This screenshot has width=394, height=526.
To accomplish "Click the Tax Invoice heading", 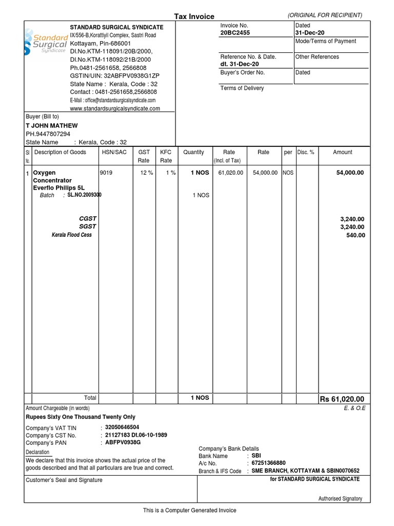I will (x=194, y=16).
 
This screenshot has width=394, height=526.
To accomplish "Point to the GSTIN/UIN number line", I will (x=115, y=76).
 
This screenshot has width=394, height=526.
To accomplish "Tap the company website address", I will (x=115, y=108).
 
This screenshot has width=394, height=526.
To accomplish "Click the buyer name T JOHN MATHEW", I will (x=52, y=126).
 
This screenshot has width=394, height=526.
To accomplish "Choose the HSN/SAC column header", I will (x=113, y=152).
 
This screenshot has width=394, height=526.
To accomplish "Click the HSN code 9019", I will (x=106, y=173).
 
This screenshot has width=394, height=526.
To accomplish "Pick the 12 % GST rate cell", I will (x=147, y=173).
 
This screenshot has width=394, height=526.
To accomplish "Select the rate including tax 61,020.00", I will (x=230, y=173).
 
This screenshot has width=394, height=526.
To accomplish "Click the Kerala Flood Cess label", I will (x=71, y=235).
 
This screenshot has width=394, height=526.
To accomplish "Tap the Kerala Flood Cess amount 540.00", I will (x=354, y=235).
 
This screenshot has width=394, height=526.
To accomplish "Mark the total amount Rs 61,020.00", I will (x=342, y=399).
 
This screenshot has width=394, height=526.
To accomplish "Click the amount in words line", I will (x=81, y=417).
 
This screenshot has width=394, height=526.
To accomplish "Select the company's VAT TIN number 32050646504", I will (x=122, y=427).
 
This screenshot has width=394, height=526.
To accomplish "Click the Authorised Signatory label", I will (x=340, y=499).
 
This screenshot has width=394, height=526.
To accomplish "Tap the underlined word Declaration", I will (x=38, y=452).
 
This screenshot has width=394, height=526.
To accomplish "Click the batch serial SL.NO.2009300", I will (x=84, y=195).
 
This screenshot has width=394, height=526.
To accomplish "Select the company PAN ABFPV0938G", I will (x=123, y=442).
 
